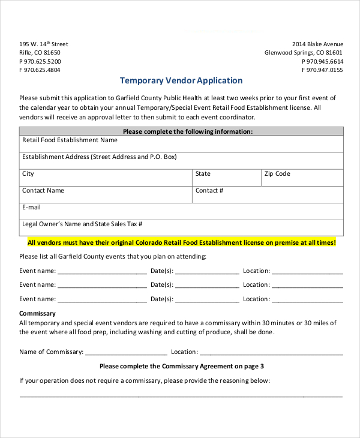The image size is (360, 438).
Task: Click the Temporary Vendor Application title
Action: pyautogui.click(x=181, y=80)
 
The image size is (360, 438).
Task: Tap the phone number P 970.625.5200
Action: pyautogui.click(x=40, y=61)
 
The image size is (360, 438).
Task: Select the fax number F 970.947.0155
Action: pyautogui.click(x=322, y=70)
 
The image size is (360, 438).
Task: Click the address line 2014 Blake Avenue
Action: pyautogui.click(x=317, y=44)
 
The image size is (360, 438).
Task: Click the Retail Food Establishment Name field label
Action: pyautogui.click(x=70, y=140)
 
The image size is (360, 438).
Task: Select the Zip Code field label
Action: pyautogui.click(x=277, y=173)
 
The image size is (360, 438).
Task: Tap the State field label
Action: pyautogui.click(x=203, y=173)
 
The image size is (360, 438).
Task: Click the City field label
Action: pyautogui.click(x=28, y=173)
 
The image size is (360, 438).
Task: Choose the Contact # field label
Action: pyautogui.click(x=209, y=190)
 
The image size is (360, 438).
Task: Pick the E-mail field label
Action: pyautogui.click(x=31, y=207)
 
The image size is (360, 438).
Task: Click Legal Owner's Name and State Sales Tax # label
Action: pyautogui.click(x=82, y=224)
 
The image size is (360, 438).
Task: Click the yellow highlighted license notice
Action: pyautogui.click(x=181, y=242)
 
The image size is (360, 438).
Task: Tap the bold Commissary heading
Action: pyautogui.click(x=37, y=313)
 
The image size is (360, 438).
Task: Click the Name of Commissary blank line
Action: pyautogui.click(x=126, y=353)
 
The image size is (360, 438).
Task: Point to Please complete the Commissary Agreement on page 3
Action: pyautogui.click(x=181, y=366)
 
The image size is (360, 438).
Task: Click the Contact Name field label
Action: pyautogui.click(x=43, y=190)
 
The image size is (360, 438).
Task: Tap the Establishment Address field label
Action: pyautogui.click(x=100, y=157)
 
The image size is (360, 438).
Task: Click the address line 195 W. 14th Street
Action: pyautogui.click(x=44, y=44)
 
